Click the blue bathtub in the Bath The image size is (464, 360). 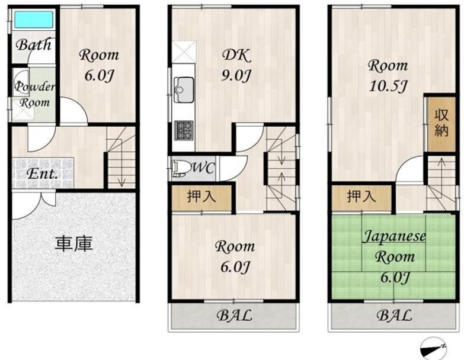(34, 20)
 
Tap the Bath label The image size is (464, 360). (34, 45)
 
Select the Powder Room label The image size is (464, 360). (34, 95)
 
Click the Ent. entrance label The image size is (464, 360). (42, 173)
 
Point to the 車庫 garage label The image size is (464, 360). (74, 244)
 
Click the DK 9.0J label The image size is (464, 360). (236, 65)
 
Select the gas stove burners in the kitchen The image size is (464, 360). (184, 130)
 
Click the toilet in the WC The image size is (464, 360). (181, 169)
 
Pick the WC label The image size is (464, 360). (204, 168)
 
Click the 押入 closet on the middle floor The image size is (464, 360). (201, 197)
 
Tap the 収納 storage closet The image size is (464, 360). (441, 124)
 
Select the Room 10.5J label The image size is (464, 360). (388, 76)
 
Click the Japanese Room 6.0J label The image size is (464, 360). (394, 256)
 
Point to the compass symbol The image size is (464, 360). (433, 349)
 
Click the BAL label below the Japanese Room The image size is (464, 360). (394, 316)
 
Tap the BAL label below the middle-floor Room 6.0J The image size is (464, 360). (234, 316)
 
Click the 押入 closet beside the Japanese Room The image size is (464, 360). (361, 197)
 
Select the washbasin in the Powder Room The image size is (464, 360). (21, 83)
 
